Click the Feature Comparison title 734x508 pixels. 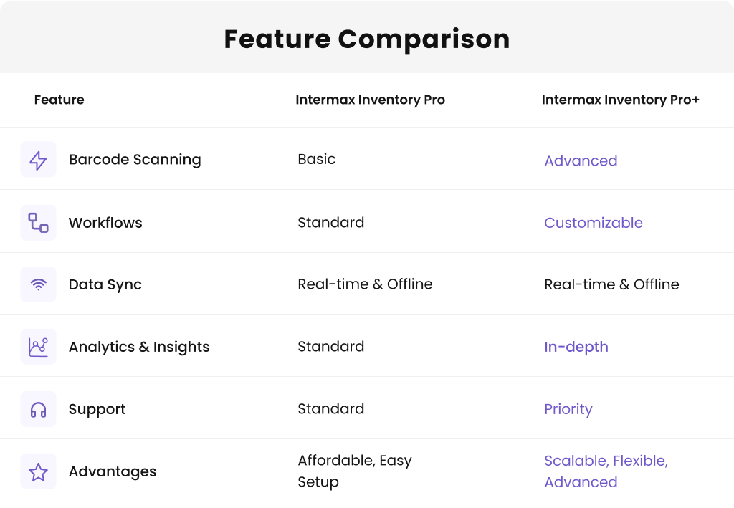366,39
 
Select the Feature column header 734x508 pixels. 59,100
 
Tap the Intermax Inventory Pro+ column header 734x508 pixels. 620,100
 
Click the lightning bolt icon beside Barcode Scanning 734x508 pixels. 38,160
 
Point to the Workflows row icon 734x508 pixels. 38,222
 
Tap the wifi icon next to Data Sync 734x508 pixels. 38,284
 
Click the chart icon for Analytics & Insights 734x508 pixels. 38,347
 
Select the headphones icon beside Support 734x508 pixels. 38,409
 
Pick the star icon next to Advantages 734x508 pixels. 38,471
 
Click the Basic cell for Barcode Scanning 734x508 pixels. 316,159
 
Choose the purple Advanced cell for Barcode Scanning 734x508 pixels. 581,160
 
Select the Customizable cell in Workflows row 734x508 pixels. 593,223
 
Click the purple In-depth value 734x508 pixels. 576,347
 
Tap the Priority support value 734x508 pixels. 568,409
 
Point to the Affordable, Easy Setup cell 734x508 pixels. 354,471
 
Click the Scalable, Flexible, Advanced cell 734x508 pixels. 606,471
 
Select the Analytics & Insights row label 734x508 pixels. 139,347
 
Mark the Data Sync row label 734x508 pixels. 105,284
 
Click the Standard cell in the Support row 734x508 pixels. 330,408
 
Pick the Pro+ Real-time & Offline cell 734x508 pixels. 611,284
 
